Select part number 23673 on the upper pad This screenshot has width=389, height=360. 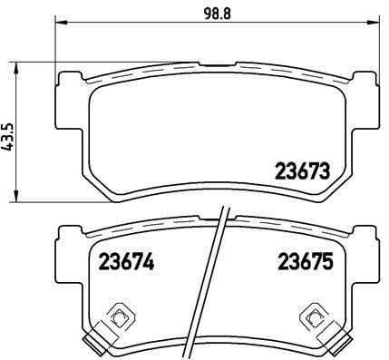point(300,170)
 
